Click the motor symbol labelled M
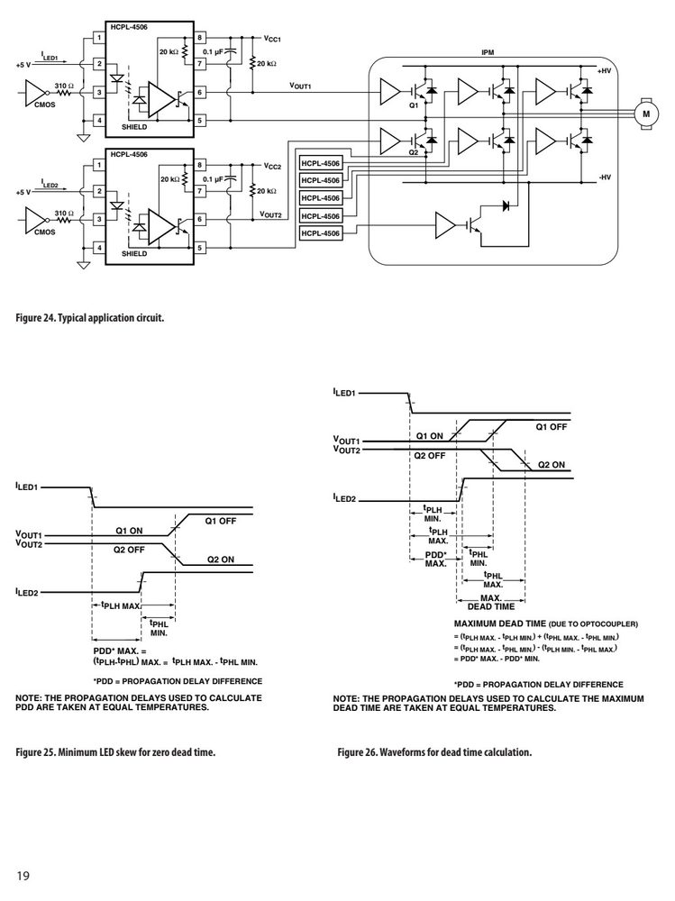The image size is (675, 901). pos(646,114)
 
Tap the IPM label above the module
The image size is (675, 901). pos(488,52)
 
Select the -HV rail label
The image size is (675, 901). pos(605,177)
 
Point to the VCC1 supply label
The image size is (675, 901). pos(272,39)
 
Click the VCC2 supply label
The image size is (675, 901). pos(272,166)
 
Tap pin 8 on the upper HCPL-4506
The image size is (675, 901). pos(199,38)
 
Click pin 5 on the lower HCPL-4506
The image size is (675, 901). pos(199,248)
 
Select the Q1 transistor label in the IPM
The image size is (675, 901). pos(414,105)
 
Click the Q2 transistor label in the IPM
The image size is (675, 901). pos(414,152)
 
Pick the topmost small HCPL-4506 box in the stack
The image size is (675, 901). pos(321,163)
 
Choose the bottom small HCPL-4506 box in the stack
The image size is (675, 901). pos(321,233)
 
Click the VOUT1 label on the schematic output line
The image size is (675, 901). pos(300,86)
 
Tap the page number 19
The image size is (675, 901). pos(23,876)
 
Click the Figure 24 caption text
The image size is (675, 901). pos(90,317)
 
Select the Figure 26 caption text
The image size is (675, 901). pos(434,751)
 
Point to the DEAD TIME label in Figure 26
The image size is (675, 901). pos(491,606)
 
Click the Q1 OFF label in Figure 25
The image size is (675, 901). pos(221,521)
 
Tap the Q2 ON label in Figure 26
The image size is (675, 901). pos(552,465)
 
